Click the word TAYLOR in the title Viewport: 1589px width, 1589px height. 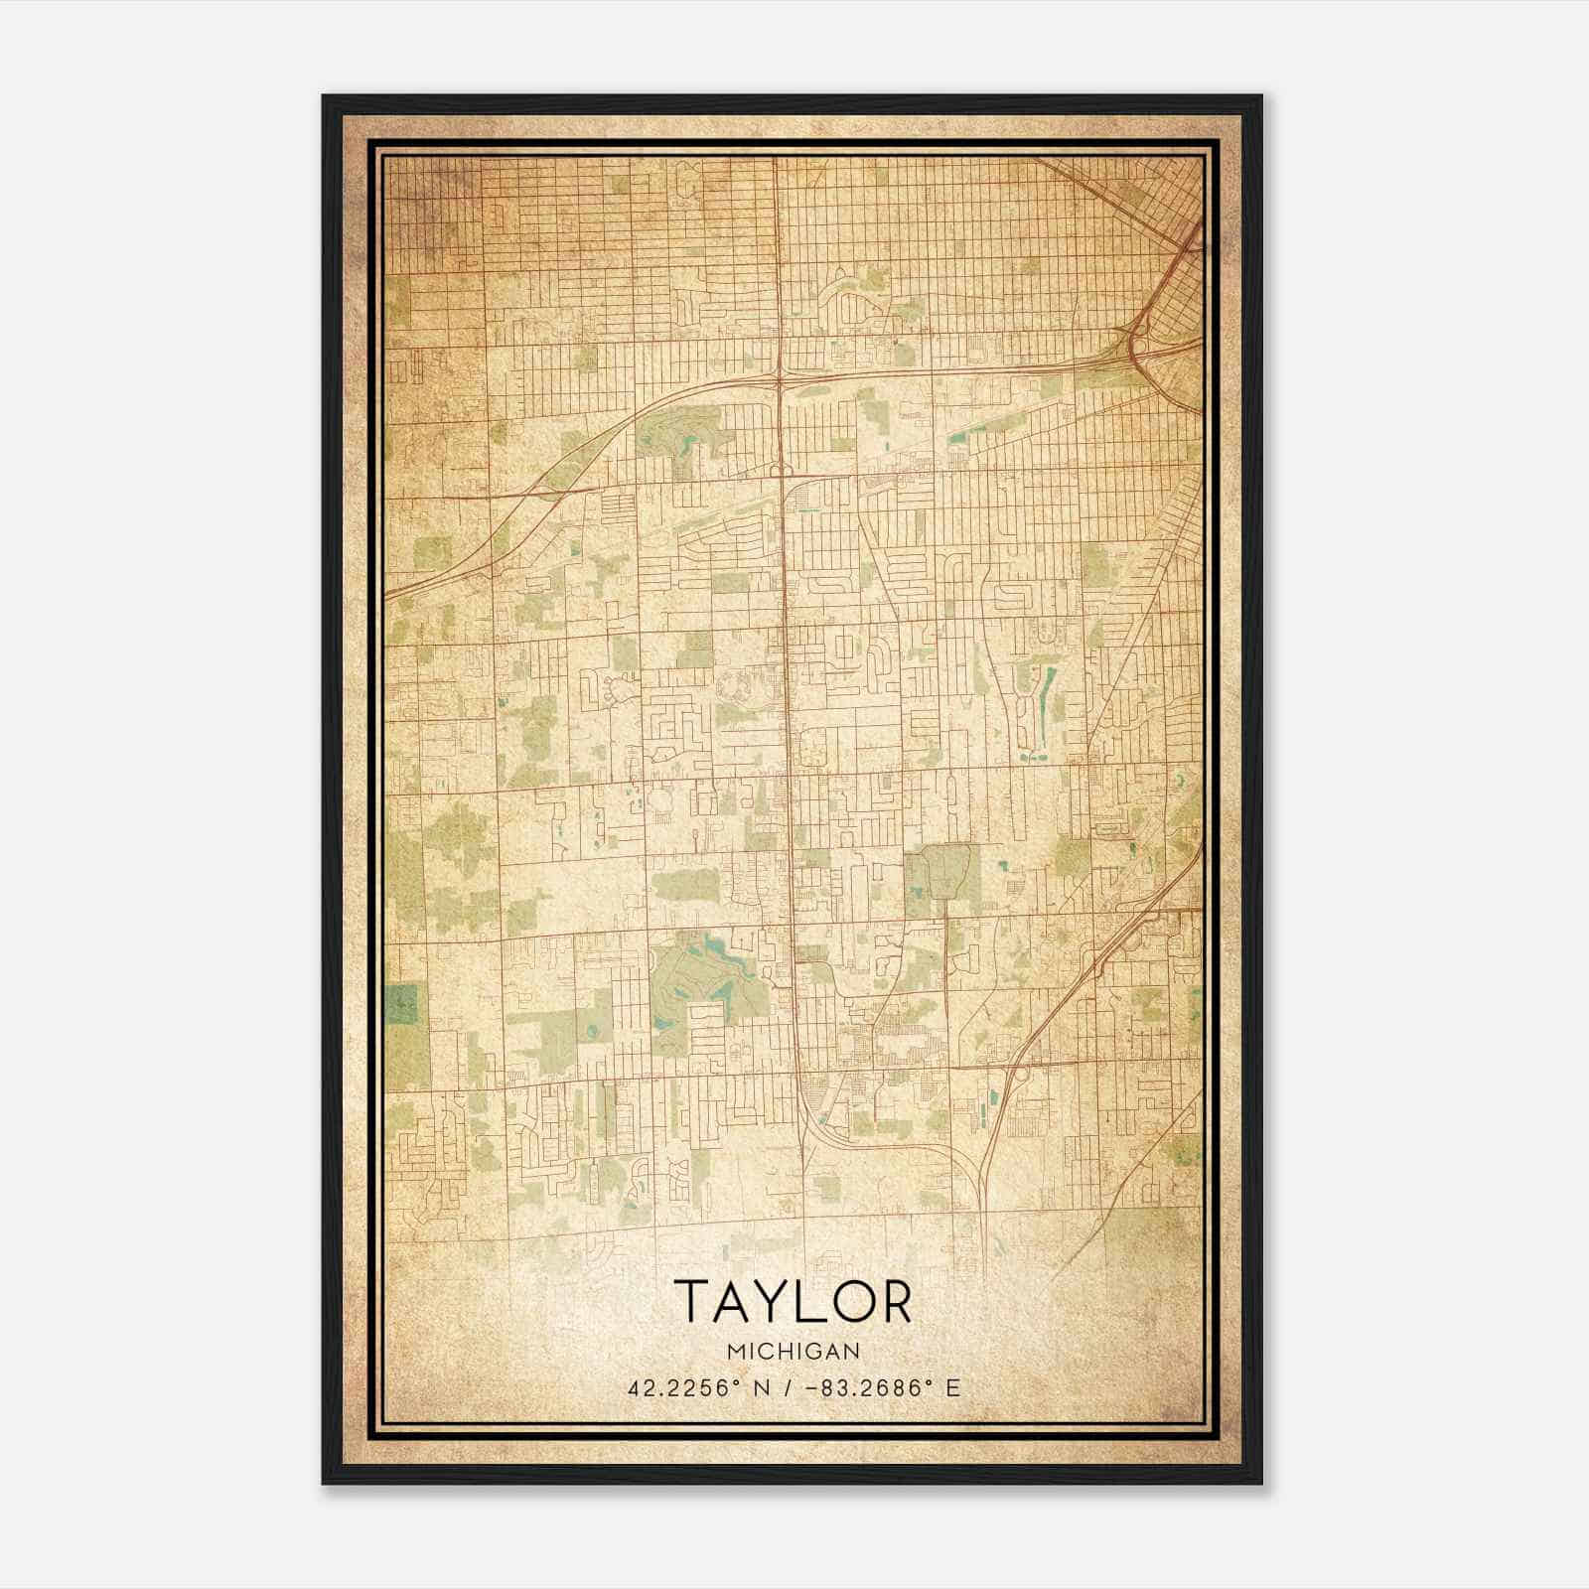(793, 1302)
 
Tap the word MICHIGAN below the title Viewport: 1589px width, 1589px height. (793, 1352)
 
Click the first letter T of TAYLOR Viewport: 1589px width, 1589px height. (692, 1302)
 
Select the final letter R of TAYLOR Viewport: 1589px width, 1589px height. (895, 1302)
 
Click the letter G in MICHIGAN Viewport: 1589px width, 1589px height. (814, 1352)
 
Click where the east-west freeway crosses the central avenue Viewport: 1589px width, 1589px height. (782, 375)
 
